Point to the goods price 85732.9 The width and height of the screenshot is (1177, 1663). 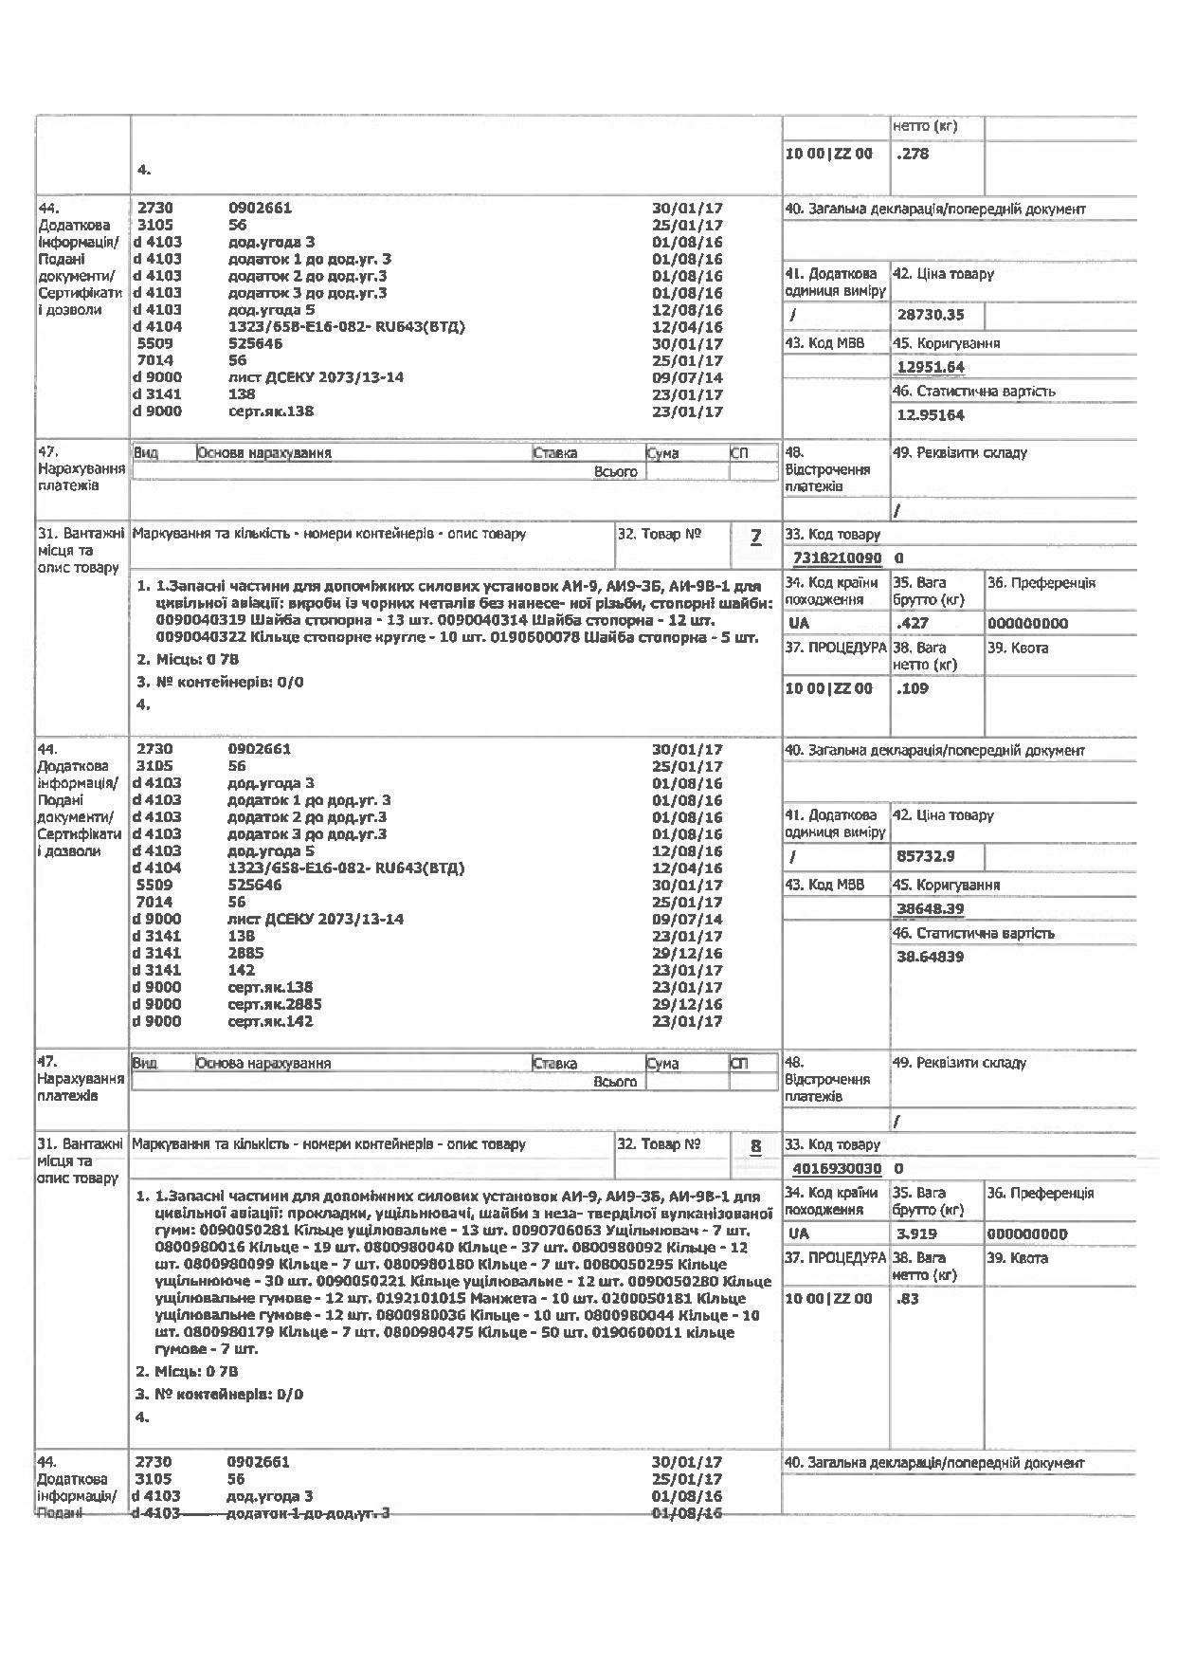pos(925,856)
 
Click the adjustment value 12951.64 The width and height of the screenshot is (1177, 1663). pos(930,368)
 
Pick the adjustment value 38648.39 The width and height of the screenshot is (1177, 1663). pos(930,909)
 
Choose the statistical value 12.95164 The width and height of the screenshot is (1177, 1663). pos(930,415)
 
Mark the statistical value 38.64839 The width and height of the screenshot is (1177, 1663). pos(930,957)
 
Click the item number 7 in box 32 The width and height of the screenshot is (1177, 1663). pos(755,537)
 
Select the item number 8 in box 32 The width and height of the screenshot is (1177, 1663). pos(755,1146)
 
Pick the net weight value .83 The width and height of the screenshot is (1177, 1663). pos(908,1299)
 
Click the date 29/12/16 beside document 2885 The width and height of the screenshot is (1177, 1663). pos(687,953)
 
